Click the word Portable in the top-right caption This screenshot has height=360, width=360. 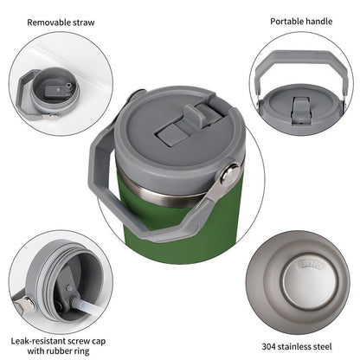click(286, 21)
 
